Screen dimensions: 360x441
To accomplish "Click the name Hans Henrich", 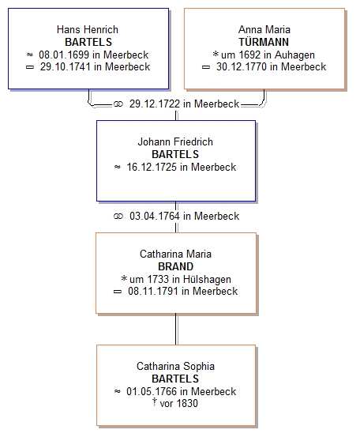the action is tap(88, 29).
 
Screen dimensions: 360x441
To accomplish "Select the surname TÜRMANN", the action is tap(264, 42).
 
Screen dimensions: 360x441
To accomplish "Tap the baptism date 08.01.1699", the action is tap(64, 55).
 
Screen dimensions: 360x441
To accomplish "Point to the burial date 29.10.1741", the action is tap(66, 67).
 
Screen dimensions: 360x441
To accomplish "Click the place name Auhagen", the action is tap(294, 55).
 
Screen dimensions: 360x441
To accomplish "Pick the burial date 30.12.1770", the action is tap(242, 67).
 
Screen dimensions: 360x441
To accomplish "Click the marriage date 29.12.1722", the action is tap(155, 104).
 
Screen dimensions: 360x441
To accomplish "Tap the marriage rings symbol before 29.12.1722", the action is tap(118, 104).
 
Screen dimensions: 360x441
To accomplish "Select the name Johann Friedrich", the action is tap(175, 141).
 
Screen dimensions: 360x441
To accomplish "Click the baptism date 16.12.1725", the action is tap(152, 167).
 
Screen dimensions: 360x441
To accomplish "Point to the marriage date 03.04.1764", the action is tap(155, 216).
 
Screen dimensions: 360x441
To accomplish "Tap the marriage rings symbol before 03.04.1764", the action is tap(118, 217).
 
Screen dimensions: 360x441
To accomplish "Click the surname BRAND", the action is tap(175, 266).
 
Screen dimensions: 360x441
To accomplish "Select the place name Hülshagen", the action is tap(207, 279).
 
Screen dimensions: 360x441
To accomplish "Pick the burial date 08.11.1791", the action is tap(153, 291).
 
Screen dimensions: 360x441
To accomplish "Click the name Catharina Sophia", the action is tap(175, 367).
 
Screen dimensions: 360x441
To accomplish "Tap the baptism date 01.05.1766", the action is tap(152, 391).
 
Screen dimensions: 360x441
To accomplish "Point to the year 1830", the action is tap(187, 403).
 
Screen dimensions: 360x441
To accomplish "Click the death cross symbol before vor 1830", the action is tap(154, 402).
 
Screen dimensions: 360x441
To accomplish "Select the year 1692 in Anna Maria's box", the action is tap(249, 55).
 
